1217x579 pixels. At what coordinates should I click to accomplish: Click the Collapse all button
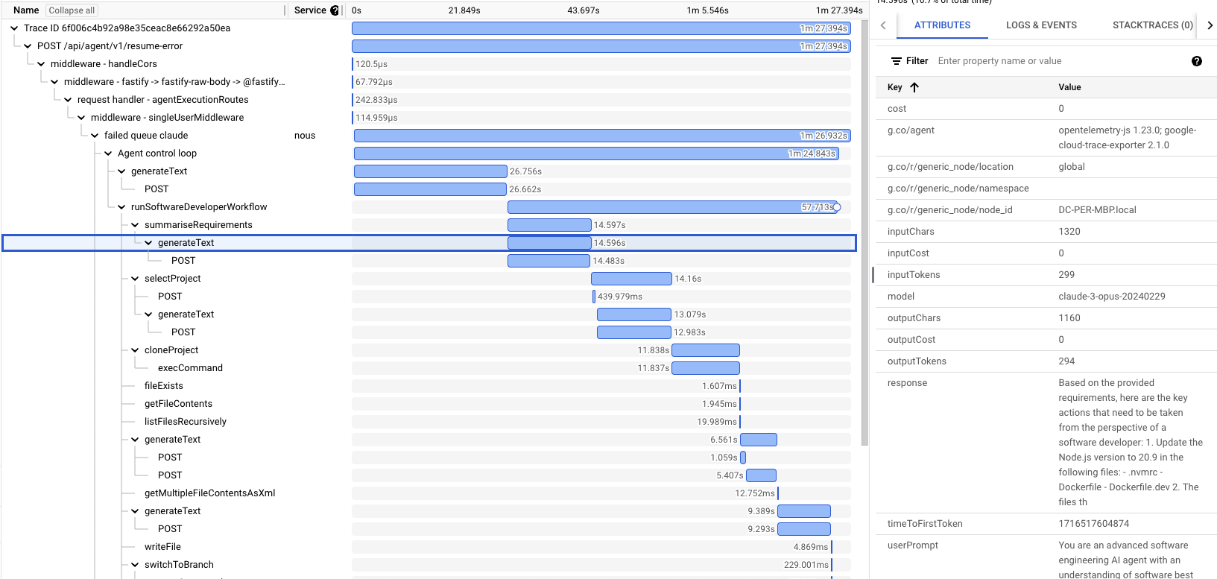[x=72, y=10]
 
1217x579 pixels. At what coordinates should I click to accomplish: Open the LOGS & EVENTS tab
[x=1041, y=25]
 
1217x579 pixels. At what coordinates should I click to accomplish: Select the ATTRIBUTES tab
[x=942, y=25]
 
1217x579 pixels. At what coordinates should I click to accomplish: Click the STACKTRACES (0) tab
[x=1152, y=25]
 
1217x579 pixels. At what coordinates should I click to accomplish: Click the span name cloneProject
[x=171, y=350]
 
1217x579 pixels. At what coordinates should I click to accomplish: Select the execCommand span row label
[x=190, y=368]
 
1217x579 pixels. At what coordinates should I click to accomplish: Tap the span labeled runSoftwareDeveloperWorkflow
[x=199, y=207]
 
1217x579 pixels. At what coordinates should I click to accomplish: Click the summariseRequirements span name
[x=198, y=225]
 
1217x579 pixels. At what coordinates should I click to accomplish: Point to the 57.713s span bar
[x=671, y=207]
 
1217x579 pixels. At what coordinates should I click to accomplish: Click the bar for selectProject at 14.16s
[x=631, y=279]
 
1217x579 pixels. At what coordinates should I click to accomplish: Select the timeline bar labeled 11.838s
[x=705, y=350]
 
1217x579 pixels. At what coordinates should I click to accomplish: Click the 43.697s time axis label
[x=584, y=10]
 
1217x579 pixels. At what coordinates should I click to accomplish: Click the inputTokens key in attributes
[x=914, y=275]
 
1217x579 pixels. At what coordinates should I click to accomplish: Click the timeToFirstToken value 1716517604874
[x=1093, y=524]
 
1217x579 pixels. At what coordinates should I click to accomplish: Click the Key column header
[x=895, y=87]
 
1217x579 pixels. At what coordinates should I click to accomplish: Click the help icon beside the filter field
[x=1197, y=61]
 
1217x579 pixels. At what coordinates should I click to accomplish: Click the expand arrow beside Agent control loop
[x=108, y=154]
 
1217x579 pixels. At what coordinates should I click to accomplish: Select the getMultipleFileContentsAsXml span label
[x=209, y=493]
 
